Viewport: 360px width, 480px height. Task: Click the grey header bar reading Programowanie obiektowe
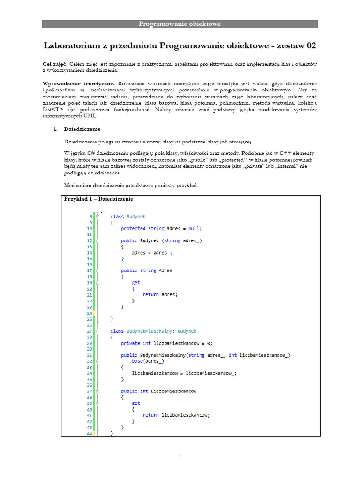point(180,24)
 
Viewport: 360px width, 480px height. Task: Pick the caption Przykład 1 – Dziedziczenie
point(98,199)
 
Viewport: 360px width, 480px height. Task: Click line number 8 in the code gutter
point(90,217)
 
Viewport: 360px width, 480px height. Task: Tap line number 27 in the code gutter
point(90,331)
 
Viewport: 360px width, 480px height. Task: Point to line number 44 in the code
point(90,434)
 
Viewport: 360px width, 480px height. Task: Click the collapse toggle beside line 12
point(97,241)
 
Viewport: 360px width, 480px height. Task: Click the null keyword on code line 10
point(194,229)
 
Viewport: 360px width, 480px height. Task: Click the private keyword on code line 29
point(130,343)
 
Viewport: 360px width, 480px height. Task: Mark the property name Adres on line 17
point(165,270)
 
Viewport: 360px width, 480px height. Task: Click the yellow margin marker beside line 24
point(95,313)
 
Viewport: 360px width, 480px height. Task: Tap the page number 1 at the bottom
point(180,456)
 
